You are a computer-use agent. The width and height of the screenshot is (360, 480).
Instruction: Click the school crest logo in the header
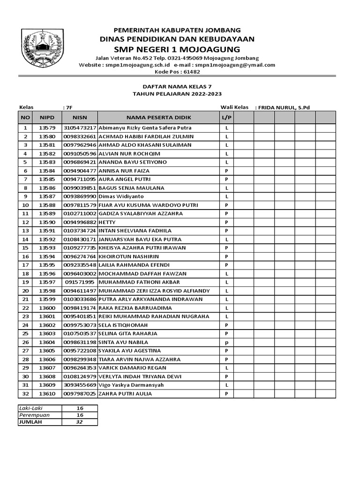click(x=42, y=49)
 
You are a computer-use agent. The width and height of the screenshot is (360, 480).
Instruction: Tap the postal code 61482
click(x=191, y=72)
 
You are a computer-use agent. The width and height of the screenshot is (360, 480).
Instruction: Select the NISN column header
click(x=80, y=117)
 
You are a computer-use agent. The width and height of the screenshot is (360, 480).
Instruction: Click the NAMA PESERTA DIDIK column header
click(x=158, y=117)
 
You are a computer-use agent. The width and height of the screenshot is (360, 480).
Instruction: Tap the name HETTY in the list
click(x=107, y=222)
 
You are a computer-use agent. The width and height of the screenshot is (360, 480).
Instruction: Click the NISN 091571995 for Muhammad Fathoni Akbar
click(x=80, y=282)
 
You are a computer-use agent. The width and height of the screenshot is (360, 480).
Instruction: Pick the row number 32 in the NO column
click(x=25, y=393)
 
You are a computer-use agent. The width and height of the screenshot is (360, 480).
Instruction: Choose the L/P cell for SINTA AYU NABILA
click(x=226, y=342)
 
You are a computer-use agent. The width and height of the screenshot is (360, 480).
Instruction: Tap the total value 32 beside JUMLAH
click(x=80, y=422)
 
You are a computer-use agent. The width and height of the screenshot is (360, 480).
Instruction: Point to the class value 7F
click(x=69, y=107)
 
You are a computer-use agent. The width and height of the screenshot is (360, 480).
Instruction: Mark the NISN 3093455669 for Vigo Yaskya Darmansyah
click(x=80, y=385)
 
